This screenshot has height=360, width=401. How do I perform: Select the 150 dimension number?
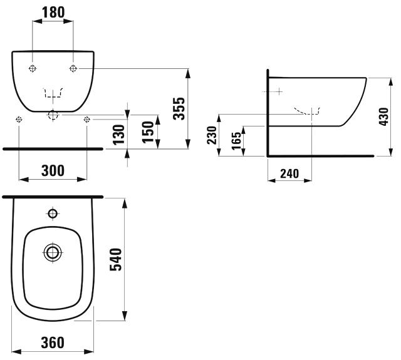[x=147, y=132]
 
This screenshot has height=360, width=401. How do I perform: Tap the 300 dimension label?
[x=53, y=170]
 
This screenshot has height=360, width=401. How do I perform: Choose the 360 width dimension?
[x=53, y=342]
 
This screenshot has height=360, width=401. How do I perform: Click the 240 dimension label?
[x=289, y=173]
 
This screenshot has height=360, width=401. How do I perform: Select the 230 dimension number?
[x=212, y=136]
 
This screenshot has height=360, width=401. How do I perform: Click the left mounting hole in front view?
[x=33, y=68]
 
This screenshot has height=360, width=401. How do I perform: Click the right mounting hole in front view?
[x=74, y=68]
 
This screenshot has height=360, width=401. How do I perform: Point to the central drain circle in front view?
[x=53, y=115]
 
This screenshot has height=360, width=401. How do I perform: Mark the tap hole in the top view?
[x=53, y=214]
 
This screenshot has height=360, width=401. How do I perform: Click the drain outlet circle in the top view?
[x=53, y=252]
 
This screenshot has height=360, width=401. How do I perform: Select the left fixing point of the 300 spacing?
[x=19, y=120]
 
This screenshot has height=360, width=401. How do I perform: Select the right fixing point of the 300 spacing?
[x=86, y=120]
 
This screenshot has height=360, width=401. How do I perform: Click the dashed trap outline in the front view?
[x=53, y=94]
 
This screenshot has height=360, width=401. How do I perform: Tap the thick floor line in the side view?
[x=320, y=155]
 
